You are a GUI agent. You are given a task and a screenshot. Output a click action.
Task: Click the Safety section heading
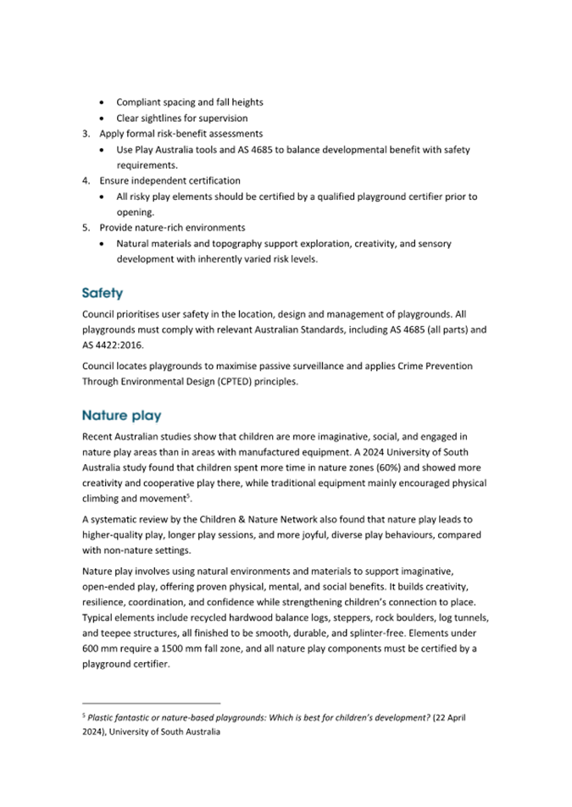point(103,294)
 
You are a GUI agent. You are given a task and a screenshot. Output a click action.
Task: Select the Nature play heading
point(121,416)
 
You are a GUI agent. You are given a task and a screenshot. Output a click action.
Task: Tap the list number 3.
point(86,134)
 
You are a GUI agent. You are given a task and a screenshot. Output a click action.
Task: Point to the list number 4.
point(86,180)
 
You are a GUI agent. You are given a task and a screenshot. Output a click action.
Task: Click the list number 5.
point(86,228)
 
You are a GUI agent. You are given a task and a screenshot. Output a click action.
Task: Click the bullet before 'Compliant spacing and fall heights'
point(103,102)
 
